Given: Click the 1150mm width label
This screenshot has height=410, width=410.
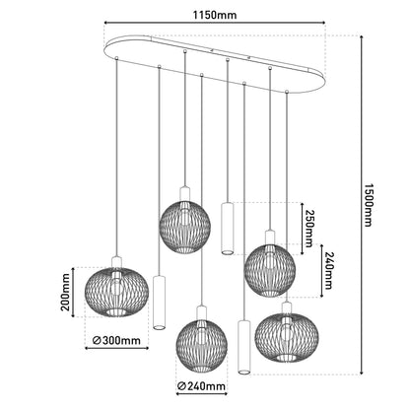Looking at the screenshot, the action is [x=215, y=15].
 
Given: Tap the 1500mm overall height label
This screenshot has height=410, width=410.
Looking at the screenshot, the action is [x=368, y=204].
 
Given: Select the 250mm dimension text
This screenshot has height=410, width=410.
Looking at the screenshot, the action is [x=308, y=224].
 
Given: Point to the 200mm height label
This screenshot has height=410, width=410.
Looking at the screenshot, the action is [x=65, y=292].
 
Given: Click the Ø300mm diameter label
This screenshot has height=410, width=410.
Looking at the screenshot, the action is [x=116, y=340].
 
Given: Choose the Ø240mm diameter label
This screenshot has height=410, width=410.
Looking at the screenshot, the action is [x=201, y=386].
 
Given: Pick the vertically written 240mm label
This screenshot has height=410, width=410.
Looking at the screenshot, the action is [x=328, y=271].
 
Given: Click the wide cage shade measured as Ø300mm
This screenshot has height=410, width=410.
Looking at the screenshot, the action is [x=116, y=292].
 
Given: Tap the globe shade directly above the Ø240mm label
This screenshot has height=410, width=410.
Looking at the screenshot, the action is [x=202, y=346].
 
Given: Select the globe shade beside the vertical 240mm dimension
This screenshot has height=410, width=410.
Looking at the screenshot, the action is [x=270, y=270].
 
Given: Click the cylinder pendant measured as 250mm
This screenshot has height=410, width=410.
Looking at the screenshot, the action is [x=227, y=229].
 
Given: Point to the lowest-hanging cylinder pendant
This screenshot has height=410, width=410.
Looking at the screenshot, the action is [x=243, y=347].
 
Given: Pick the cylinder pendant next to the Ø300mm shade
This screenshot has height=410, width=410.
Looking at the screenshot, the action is [x=160, y=303].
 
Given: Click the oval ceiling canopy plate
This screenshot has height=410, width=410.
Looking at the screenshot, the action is [x=214, y=63].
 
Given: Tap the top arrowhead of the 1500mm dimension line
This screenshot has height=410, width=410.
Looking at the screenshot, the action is [x=362, y=37].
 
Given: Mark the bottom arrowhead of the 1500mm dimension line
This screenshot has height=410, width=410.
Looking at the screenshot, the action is [x=362, y=372].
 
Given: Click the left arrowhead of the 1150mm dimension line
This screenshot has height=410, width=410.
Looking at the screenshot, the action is [x=106, y=23].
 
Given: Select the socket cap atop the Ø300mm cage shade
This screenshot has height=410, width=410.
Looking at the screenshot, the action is [x=116, y=263].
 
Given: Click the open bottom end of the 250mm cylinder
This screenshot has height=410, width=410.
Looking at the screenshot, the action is [x=227, y=252].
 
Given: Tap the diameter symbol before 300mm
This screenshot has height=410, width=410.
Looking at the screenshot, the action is [x=97, y=340].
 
